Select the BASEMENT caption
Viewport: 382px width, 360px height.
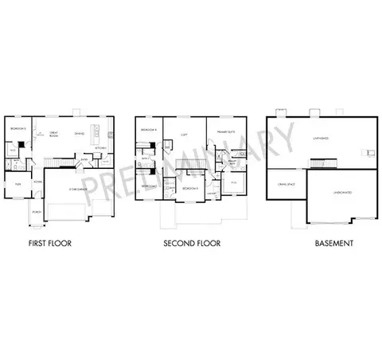[x=333, y=242]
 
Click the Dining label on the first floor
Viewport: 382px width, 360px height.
[x=80, y=134]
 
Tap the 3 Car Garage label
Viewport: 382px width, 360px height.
[x=75, y=189]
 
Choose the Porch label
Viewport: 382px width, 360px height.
[x=37, y=213]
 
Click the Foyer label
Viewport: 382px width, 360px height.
[x=37, y=182]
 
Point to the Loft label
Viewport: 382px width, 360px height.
[x=184, y=135]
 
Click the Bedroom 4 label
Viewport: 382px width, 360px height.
[x=148, y=129]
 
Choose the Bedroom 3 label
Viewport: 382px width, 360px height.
[x=189, y=189]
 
